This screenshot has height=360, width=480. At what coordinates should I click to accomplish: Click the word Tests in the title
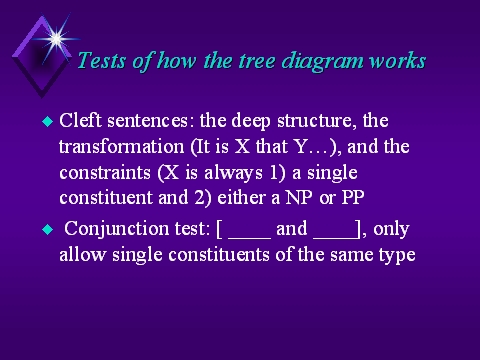102,61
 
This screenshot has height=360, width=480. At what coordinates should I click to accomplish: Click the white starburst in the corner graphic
56,39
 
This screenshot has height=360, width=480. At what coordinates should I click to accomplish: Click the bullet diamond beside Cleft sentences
48,121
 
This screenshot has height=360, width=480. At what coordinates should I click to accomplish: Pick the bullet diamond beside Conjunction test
48,229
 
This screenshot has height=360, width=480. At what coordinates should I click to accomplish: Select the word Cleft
80,120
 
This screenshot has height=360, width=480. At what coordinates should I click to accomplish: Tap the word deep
251,121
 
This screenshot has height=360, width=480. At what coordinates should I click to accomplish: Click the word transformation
122,146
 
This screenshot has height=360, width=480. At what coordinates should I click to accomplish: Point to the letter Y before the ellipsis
300,147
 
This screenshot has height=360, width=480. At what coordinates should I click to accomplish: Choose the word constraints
105,172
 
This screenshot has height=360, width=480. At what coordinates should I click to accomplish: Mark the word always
233,173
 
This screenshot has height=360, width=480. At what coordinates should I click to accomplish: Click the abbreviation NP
299,198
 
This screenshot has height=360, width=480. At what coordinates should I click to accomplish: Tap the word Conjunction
117,229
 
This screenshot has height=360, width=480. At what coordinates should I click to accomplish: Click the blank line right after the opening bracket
249,238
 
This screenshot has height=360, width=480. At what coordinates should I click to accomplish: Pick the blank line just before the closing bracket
335,238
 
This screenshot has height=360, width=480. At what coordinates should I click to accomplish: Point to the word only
391,230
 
